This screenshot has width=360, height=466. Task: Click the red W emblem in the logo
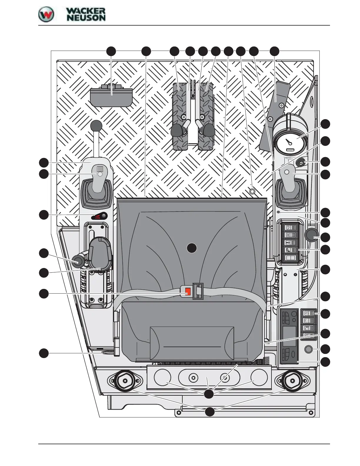pos(46,14)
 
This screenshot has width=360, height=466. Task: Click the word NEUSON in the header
pos(86,18)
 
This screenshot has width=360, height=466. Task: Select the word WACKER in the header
pos(86,11)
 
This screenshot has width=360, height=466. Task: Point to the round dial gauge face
pos(290,142)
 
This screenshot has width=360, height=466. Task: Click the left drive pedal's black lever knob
pos(177,130)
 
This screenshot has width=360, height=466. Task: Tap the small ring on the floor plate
pos(252,191)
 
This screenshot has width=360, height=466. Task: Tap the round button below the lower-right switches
pos(308,349)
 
